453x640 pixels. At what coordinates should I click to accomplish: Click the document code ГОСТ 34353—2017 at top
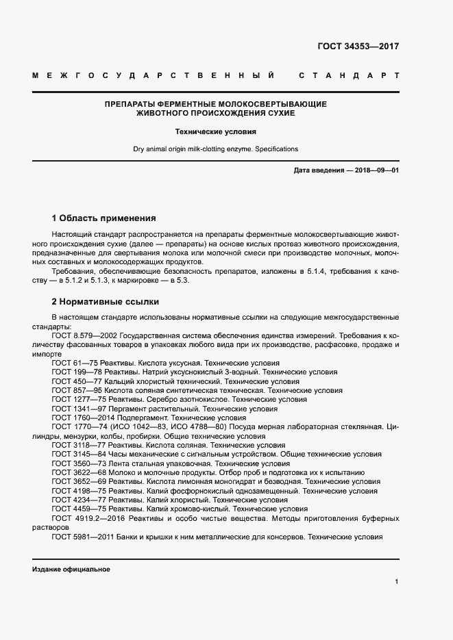coord(358,47)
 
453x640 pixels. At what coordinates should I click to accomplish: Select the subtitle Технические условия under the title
coord(215,130)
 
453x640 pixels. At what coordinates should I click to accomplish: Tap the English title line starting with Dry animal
coord(215,149)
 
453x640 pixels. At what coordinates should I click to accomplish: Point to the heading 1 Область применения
coord(103,218)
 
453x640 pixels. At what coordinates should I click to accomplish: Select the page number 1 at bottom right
coord(397,582)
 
